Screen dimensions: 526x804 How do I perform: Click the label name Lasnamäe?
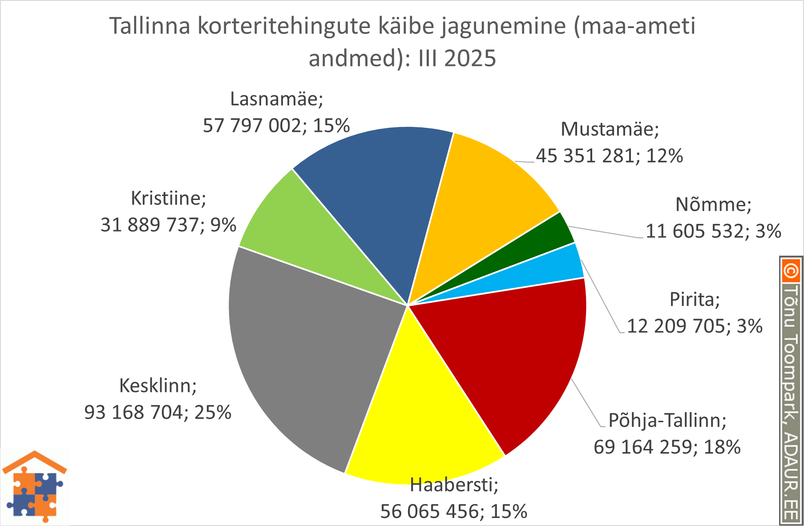276,99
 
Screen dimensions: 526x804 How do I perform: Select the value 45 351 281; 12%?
609,156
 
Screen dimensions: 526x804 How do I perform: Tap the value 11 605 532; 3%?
713,231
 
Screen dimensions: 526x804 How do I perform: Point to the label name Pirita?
695,299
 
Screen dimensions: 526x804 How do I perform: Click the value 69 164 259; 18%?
667,447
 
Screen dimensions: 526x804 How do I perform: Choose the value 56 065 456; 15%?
453,511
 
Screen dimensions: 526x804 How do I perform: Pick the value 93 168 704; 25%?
158,412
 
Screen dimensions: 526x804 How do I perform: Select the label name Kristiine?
169,198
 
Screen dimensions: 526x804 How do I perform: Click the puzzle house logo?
34,487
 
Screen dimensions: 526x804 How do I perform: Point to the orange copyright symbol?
790,271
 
